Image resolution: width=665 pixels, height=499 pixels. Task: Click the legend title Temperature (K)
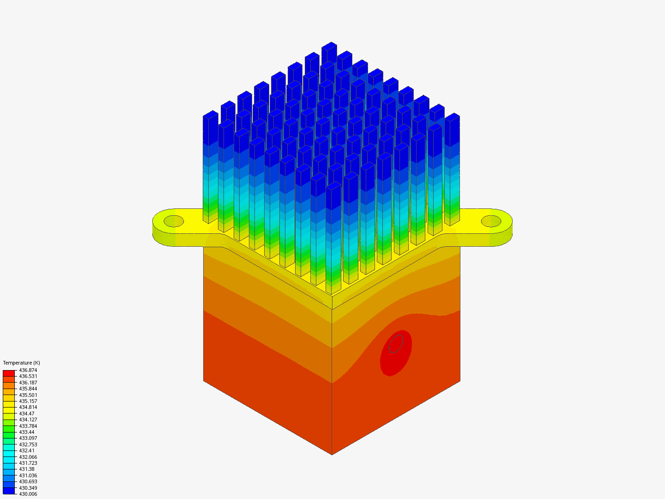(21, 363)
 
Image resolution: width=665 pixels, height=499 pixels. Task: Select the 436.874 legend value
(28, 370)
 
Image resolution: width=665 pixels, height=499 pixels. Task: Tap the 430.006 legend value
(28, 494)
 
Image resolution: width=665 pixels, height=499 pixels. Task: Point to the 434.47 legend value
(27, 414)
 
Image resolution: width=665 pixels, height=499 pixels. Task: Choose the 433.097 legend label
(28, 438)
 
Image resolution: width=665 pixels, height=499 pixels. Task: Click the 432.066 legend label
(28, 457)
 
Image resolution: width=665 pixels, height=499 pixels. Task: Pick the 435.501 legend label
(28, 395)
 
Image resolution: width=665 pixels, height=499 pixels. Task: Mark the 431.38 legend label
(27, 469)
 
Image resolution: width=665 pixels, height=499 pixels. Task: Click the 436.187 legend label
(28, 383)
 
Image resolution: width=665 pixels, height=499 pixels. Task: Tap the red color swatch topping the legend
(9, 373)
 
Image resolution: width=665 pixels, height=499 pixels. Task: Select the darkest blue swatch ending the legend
(9, 491)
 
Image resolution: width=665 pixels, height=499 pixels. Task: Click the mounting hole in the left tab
(174, 221)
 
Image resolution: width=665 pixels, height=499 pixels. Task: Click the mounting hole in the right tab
(491, 221)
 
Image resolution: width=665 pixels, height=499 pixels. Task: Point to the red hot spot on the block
(396, 353)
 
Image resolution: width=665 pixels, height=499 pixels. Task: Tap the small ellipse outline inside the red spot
(396, 344)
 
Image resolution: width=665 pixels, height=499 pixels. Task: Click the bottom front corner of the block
(332, 454)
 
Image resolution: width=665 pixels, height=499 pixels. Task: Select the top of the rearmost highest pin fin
(329, 46)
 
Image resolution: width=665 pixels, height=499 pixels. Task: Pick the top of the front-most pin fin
(333, 186)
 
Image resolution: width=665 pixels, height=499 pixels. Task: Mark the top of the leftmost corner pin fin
(210, 115)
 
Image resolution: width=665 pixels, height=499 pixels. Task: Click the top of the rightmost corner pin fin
(452, 117)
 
